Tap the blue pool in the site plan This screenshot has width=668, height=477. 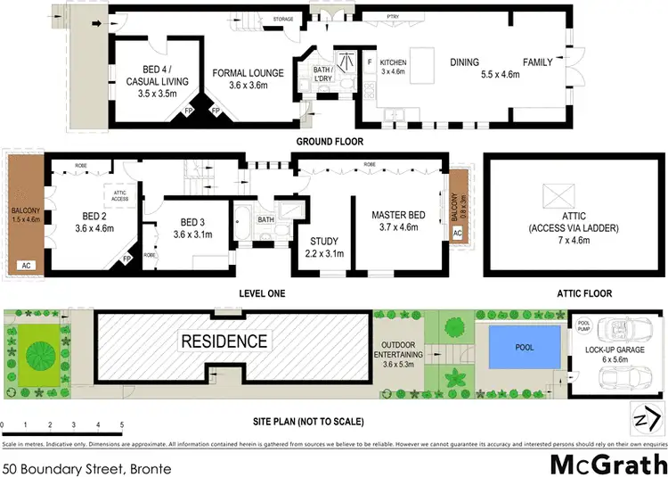coord(525,347)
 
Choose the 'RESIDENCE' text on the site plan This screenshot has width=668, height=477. coord(224,341)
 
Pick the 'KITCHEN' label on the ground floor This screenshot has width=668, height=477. coord(393,62)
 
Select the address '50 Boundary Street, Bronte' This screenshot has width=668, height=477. coord(86,465)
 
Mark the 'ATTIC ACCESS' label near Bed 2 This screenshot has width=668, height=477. coord(120,196)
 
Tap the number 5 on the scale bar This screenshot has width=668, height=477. coord(121,425)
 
